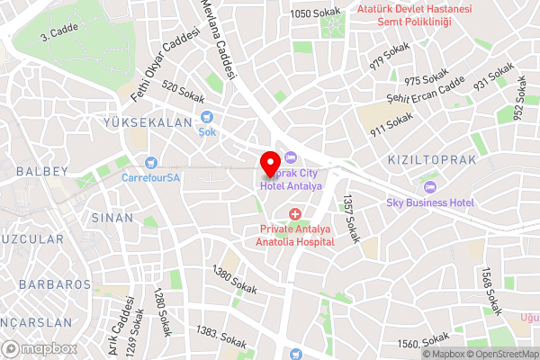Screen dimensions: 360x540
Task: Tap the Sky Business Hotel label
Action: (430, 202)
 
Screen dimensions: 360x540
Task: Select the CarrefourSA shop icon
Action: (151, 163)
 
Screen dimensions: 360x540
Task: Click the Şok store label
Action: (207, 130)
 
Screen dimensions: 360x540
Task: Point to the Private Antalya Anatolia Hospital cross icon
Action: (295, 213)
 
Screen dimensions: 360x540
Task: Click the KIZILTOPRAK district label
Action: (431, 159)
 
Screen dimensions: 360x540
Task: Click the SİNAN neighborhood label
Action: (112, 218)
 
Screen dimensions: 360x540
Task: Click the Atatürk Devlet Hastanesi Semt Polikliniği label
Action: (414, 14)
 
